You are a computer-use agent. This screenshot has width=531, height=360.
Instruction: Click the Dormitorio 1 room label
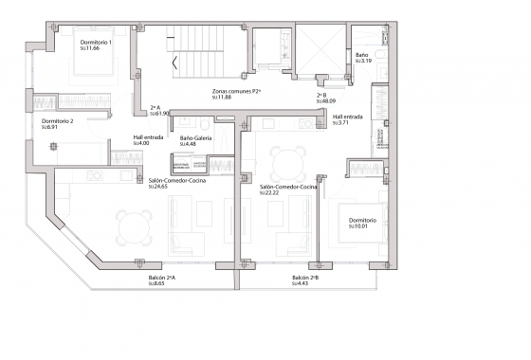pyautogui.click(x=97, y=43)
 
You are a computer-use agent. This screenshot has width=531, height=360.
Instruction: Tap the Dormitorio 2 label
pyautogui.click(x=58, y=121)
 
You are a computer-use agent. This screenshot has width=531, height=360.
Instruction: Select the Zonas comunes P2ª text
pyautogui.click(x=236, y=91)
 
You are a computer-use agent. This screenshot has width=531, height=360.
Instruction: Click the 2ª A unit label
pyautogui.click(x=157, y=107)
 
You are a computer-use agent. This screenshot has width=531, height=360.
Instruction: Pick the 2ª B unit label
pyautogui.click(x=322, y=95)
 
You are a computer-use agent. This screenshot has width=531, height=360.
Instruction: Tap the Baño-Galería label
pyautogui.click(x=195, y=137)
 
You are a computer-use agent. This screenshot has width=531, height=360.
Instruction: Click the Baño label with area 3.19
pyautogui.click(x=362, y=56)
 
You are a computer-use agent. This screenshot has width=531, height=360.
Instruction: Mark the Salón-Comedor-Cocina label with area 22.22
pyautogui.click(x=287, y=188)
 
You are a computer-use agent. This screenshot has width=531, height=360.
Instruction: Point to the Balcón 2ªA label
pyautogui.click(x=162, y=277)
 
